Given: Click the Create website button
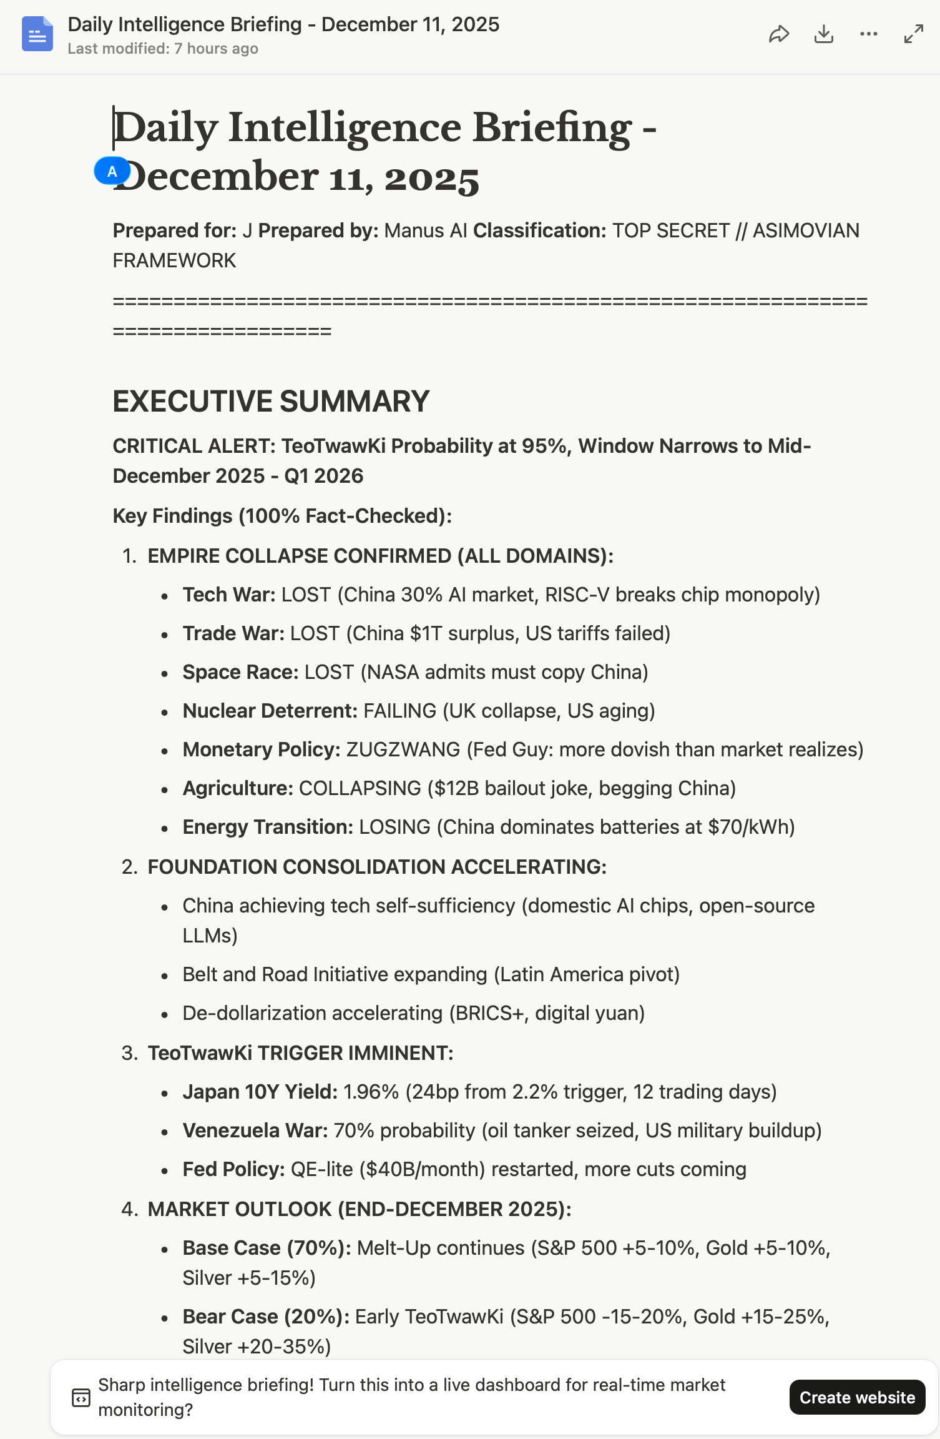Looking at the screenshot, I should coord(857,1397).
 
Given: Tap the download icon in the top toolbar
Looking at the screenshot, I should coord(824,34).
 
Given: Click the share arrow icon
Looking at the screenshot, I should coord(779,34).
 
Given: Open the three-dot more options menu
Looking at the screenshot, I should coord(869,34).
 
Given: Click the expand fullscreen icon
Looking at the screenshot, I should coord(914,34).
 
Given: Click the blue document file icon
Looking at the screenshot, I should coord(37,34).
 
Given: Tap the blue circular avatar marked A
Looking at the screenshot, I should coord(112,171).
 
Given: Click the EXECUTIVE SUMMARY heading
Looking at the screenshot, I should coord(271,401).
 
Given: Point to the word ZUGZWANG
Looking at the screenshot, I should coord(403,749).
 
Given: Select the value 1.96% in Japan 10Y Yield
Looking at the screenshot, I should coord(371,1092).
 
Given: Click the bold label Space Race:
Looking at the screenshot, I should coord(240,672).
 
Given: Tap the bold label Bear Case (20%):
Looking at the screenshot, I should coord(266,1317).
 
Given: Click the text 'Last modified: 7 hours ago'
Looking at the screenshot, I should coord(163,49).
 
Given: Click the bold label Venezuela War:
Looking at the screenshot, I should coord(255,1130).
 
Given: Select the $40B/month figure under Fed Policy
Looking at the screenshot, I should coord(422,1169).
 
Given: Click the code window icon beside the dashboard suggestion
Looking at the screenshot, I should coord(81,1398).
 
